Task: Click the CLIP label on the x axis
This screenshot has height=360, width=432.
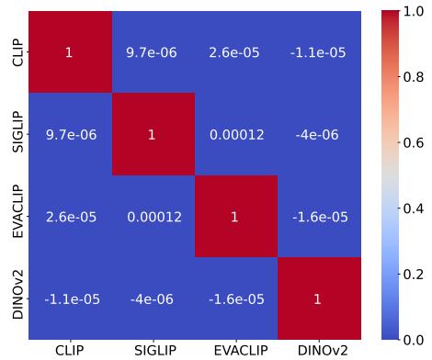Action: (69, 350)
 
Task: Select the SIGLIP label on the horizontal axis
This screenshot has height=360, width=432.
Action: (153, 350)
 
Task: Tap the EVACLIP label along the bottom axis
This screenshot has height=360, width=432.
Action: (235, 350)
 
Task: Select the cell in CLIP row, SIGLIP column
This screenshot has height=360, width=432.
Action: (153, 52)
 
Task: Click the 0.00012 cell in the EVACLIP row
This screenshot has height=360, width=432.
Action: (153, 217)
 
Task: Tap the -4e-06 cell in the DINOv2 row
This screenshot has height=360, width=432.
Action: (153, 298)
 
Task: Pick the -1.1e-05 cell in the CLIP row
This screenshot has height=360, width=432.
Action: (317, 52)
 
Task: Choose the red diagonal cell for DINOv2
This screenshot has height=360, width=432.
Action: (317, 298)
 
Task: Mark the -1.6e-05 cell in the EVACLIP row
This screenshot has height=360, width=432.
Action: (317, 217)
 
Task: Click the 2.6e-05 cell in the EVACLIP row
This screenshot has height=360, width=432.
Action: (69, 217)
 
